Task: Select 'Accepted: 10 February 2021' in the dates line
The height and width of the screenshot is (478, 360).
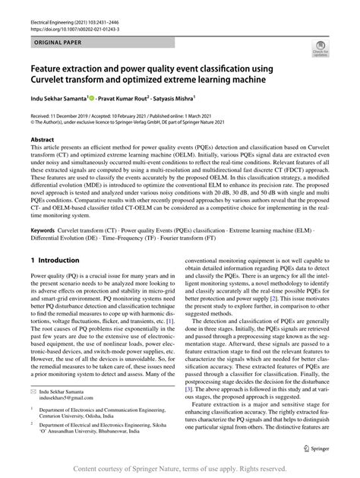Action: pyautogui.click(x=144, y=112)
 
